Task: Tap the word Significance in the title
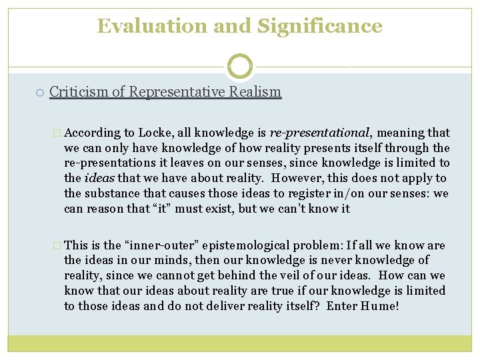pos(319,26)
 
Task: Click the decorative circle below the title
pos(240,67)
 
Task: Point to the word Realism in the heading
pos(257,91)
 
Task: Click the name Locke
pos(155,133)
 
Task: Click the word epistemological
pos(246,245)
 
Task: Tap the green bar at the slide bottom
pos(240,343)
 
